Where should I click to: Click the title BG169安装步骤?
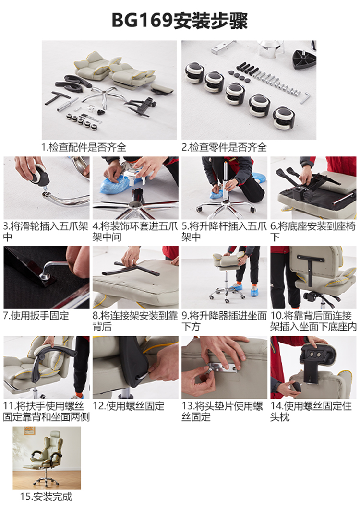(x=180, y=21)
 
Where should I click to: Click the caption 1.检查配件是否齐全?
(x=84, y=147)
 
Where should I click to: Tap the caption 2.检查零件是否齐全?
(x=224, y=147)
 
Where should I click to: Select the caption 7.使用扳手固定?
(x=36, y=316)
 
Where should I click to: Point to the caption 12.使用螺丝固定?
(x=129, y=406)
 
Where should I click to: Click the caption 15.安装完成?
(x=46, y=497)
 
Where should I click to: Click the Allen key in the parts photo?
(x=305, y=97)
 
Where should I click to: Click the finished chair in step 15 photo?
(x=46, y=456)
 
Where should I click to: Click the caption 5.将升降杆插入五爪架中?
(x=224, y=231)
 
